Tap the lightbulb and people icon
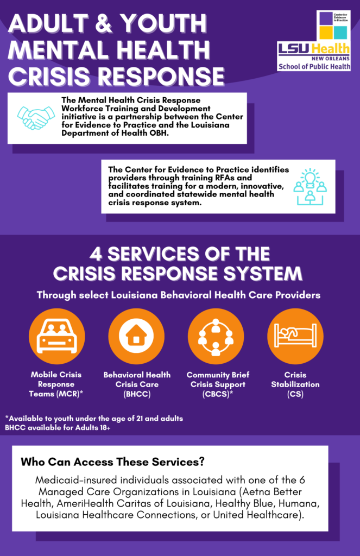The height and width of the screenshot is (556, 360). [310, 186]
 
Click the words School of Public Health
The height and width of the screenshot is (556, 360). [314, 67]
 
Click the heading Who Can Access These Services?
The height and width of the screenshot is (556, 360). [112, 463]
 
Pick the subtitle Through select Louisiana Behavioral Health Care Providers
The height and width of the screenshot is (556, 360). [179, 296]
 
